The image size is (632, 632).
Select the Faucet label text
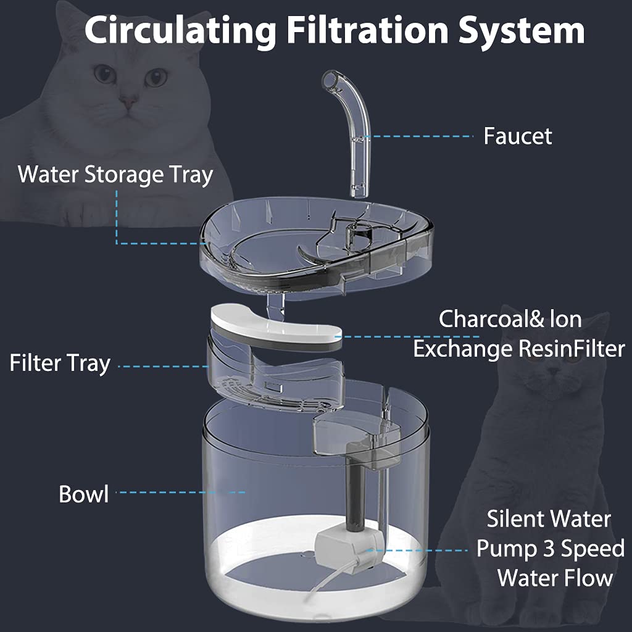coord(517,136)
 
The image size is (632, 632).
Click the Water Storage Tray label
coord(115,175)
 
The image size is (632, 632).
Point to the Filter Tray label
coord(59,363)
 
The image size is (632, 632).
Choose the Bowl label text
coord(83,494)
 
